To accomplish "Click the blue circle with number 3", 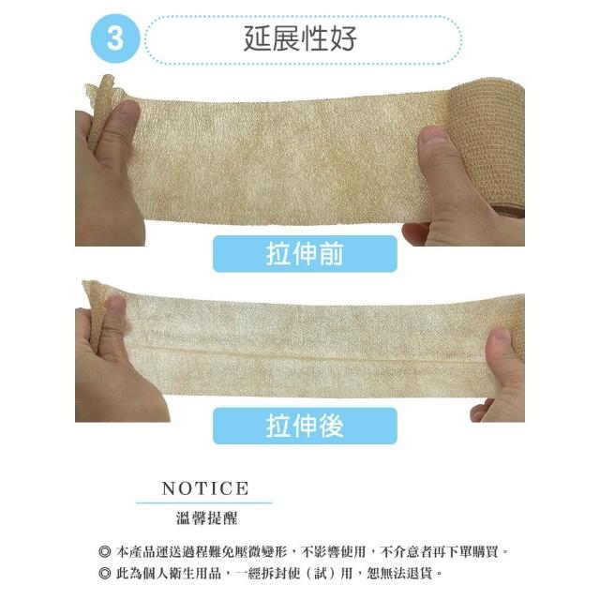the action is click(115, 38).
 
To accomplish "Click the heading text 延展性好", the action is click(300, 38).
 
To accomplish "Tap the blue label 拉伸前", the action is click(305, 254).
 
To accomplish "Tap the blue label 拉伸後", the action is click(305, 426).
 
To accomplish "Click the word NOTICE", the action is click(205, 488).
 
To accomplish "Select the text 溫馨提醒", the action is click(206, 518).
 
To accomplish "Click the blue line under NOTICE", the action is click(204, 502).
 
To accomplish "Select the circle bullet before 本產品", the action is click(104, 552).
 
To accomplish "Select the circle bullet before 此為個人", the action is click(104, 573).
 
